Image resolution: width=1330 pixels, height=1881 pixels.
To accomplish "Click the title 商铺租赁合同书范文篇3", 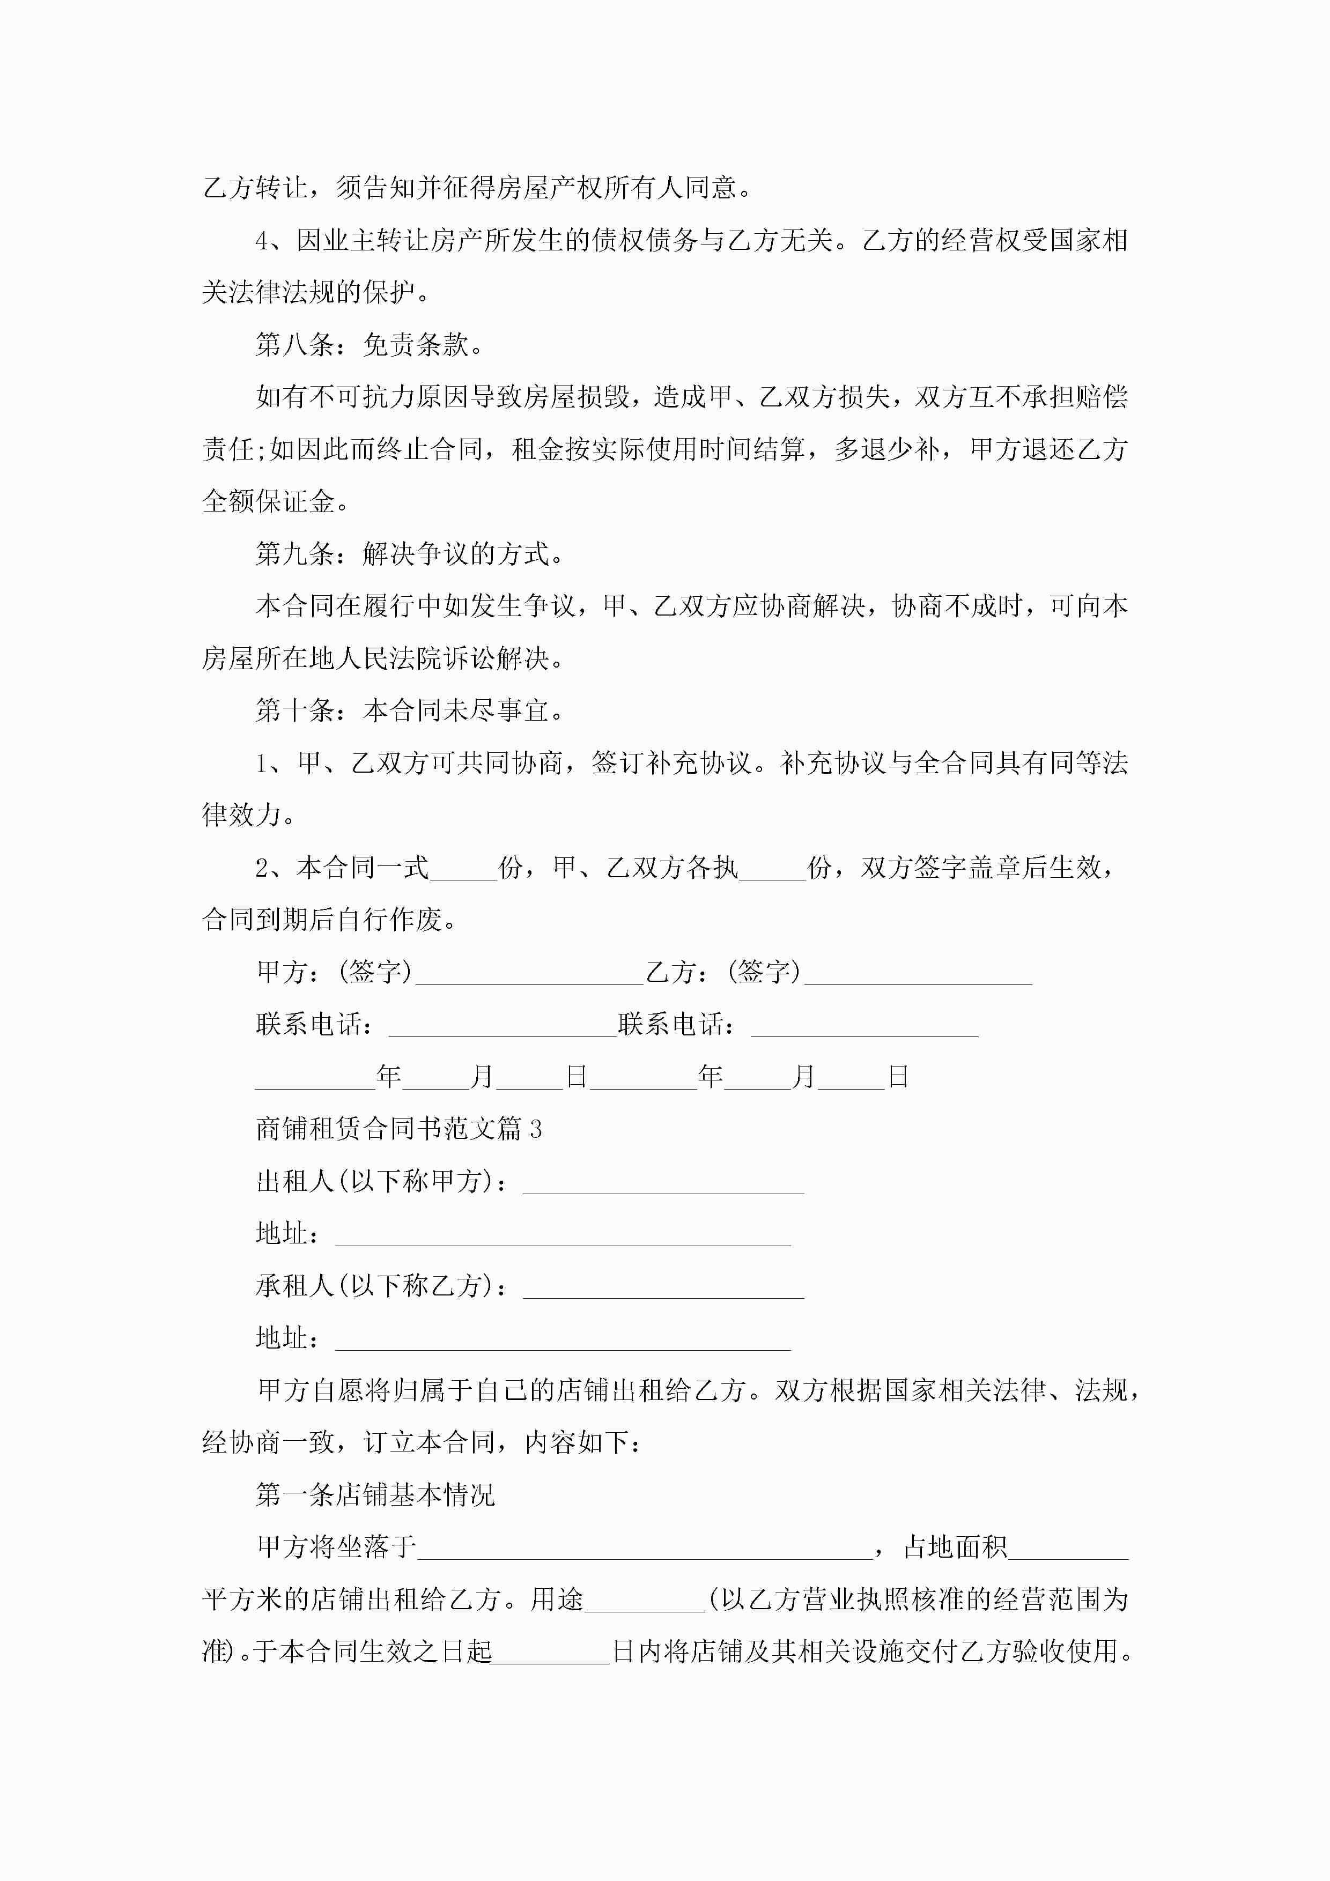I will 399,1129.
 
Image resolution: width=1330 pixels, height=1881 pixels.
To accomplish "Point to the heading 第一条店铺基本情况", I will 375,1495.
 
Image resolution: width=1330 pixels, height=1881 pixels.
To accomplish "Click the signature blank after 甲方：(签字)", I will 529,975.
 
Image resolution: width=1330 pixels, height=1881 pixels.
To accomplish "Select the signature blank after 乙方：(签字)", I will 918,975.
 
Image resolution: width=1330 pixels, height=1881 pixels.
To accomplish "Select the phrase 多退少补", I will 886,450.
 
